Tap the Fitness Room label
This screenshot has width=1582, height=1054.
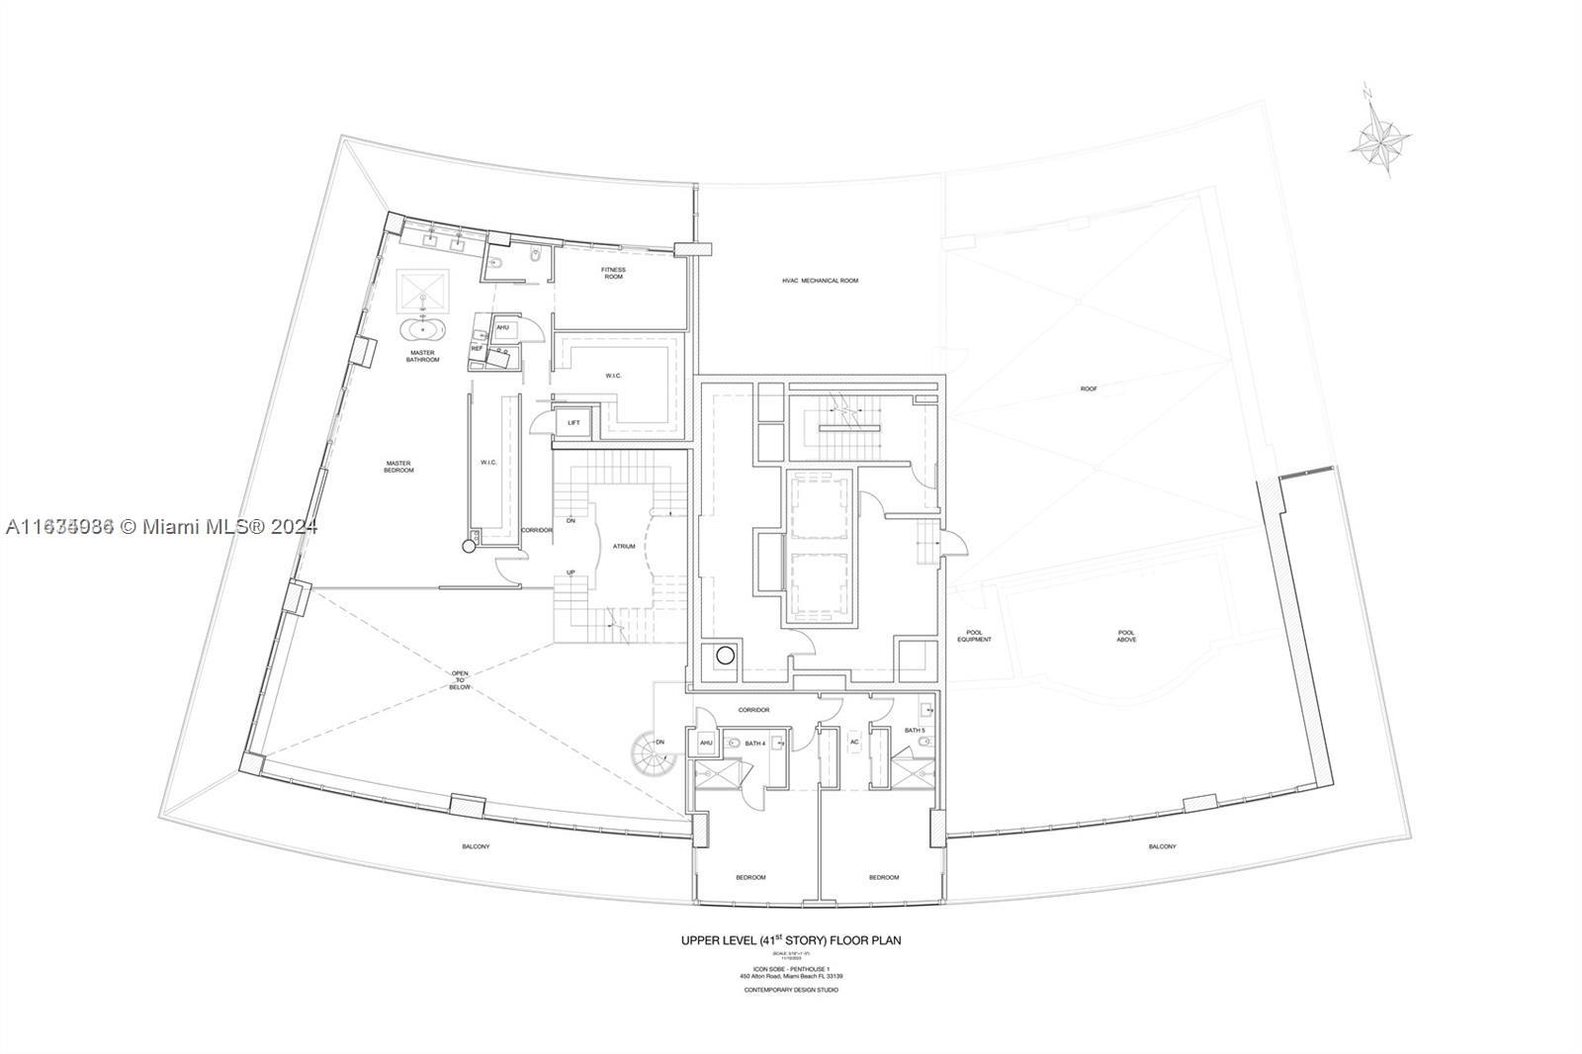pyautogui.click(x=614, y=273)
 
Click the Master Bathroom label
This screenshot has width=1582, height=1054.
pyautogui.click(x=422, y=356)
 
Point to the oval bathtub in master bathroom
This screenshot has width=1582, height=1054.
pyautogui.click(x=423, y=329)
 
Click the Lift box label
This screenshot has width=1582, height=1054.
pyautogui.click(x=573, y=423)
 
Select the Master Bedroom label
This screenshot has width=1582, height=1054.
pyautogui.click(x=399, y=467)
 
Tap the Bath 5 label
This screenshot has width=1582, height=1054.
pyautogui.click(x=915, y=731)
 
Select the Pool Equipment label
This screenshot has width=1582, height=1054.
pyautogui.click(x=973, y=636)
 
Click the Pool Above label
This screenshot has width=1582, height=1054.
pyautogui.click(x=1126, y=636)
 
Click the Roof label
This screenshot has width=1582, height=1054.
pyautogui.click(x=1089, y=389)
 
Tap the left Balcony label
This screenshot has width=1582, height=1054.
pyautogui.click(x=476, y=846)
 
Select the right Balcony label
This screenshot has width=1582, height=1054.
pyautogui.click(x=1163, y=846)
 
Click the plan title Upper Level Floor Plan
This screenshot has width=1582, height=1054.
pyautogui.click(x=790, y=939)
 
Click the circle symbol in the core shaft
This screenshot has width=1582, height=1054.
pyautogui.click(x=726, y=655)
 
